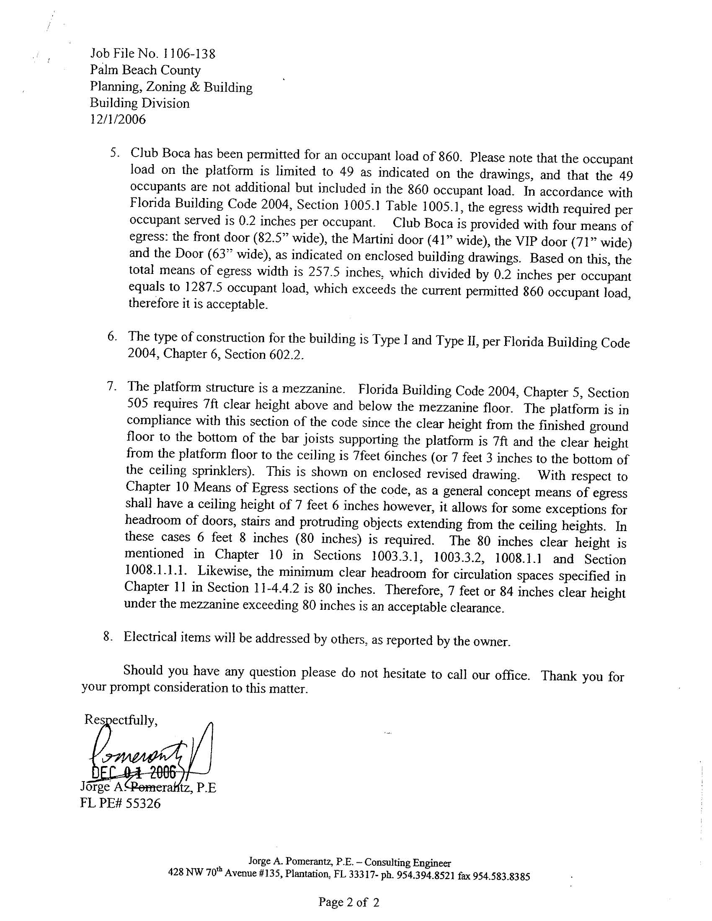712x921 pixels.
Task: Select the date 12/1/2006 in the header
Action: (118, 120)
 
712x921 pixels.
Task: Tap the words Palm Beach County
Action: (145, 70)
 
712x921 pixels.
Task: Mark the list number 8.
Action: (108, 637)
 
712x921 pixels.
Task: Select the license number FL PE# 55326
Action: (120, 804)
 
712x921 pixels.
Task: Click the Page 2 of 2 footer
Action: (349, 902)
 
